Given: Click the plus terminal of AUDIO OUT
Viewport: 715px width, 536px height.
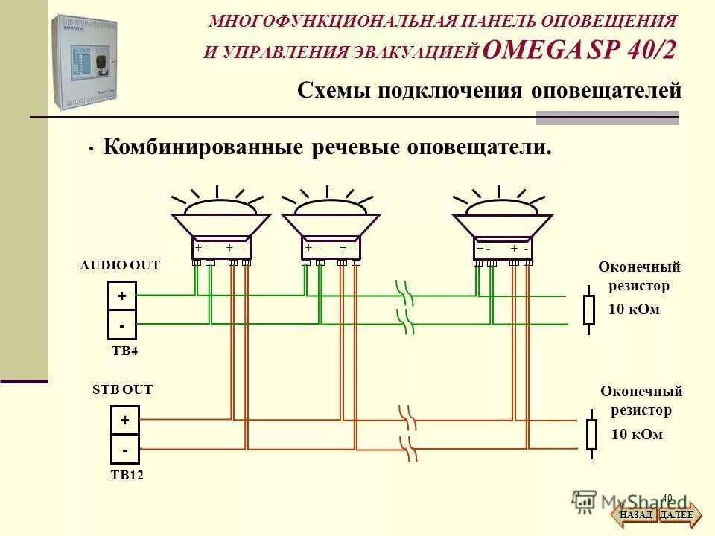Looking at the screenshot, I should pos(122,296).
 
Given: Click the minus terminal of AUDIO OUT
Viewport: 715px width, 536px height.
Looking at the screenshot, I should pos(122,325).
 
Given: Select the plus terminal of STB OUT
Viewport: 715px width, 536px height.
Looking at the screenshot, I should pos(124,421).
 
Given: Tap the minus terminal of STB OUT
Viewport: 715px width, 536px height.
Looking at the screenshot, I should pos(124,450).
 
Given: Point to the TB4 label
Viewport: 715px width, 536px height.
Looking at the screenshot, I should pos(124,351).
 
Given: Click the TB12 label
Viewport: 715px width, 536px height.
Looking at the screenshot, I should pos(127,475).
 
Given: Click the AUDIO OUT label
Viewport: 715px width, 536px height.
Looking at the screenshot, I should pos(120,265).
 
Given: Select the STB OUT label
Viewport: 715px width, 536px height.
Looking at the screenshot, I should pos(122,389).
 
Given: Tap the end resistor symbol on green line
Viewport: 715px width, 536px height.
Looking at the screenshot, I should pos(588,310).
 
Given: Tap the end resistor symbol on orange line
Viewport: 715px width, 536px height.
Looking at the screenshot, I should pos(591,434).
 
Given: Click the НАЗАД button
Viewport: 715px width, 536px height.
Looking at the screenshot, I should pos(635,514).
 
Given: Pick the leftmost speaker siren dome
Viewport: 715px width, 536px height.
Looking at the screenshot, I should pos(220,207).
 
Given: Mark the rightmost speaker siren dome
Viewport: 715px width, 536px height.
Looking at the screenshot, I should pos(502,207).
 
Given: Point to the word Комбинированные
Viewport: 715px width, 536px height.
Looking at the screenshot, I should pos(202,147).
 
